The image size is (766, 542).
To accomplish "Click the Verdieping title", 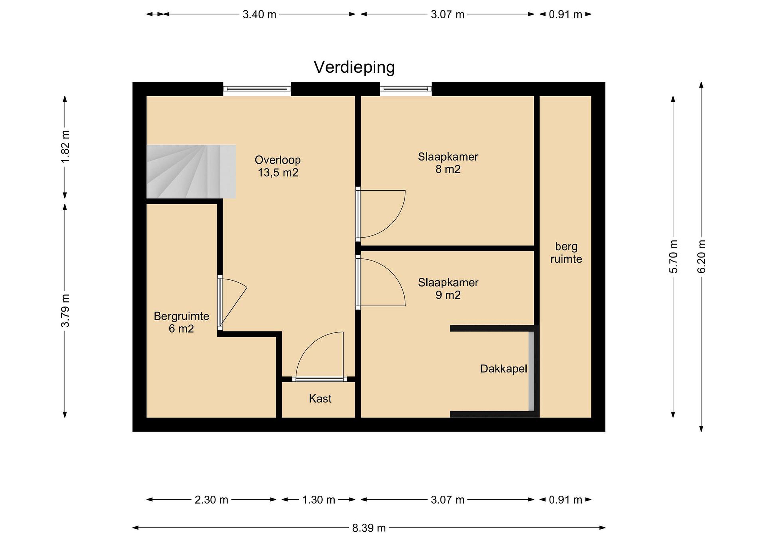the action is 354,67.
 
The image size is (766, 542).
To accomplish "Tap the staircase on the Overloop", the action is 191,172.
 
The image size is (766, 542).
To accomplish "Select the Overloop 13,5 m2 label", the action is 278,166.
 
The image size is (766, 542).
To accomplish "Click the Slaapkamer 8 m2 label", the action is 448,163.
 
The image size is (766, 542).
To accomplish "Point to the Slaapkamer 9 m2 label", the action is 448,289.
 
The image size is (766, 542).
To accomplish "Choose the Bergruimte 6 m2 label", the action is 181,322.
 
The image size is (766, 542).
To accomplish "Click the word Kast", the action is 320,399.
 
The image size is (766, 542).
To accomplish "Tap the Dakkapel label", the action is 503,369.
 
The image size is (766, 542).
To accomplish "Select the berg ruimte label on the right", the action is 566,253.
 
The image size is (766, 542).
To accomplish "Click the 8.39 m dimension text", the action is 369,528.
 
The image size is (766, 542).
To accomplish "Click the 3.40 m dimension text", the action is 259,14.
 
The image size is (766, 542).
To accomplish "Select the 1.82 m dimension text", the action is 65,147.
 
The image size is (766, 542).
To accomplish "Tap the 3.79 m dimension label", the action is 65,311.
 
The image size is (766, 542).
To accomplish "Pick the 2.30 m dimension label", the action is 211,500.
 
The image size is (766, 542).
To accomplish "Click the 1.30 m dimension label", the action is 319,500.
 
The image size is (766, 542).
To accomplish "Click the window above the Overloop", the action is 257,89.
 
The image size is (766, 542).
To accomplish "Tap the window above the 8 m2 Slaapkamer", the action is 406,89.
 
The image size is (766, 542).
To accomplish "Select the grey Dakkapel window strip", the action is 532,371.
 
